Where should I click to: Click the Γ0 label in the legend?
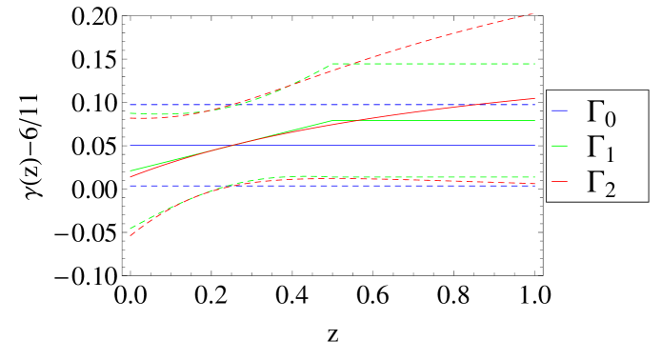click(600, 115)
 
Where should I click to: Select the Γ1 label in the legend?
click(600, 149)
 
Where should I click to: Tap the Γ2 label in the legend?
click(600, 182)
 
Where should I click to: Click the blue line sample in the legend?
click(560, 111)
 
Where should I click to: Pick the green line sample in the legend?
click(560, 145)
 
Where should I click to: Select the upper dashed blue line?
click(429, 105)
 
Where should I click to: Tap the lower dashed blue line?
click(429, 186)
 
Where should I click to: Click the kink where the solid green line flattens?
click(331, 121)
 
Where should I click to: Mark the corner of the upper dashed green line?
click(331, 64)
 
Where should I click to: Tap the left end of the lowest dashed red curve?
click(130, 234)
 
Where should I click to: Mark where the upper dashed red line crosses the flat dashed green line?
click(347, 64)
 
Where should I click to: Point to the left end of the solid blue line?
click(130, 145)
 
